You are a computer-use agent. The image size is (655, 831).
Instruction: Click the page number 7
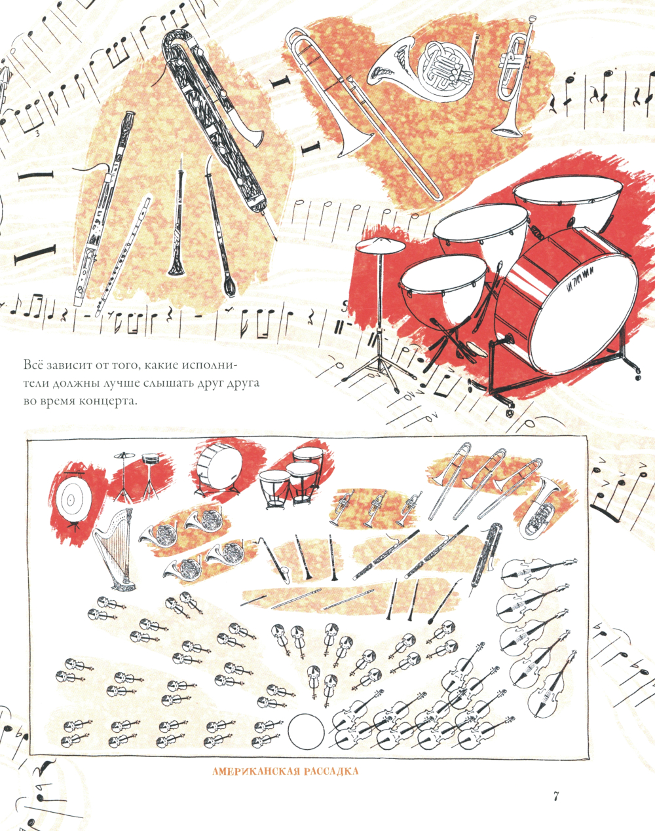pos(556,796)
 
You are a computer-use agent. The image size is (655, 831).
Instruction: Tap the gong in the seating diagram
pos(72,500)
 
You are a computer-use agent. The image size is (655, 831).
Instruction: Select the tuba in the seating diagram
pos(540,507)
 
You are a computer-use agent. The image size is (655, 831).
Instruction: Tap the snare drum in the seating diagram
pos(151,459)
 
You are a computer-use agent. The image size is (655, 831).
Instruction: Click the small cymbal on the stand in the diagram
pos(124,455)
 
